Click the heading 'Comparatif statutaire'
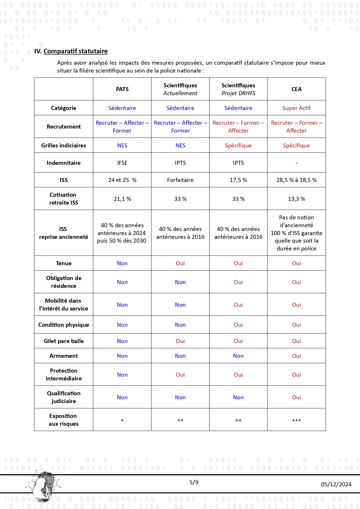(x=75, y=51)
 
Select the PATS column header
(x=122, y=89)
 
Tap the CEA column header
(x=296, y=89)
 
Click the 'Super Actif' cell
(x=296, y=108)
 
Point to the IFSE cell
(x=122, y=163)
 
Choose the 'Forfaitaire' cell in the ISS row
(x=180, y=180)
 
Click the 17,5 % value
(x=238, y=180)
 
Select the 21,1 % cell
(x=122, y=199)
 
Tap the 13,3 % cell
(x=296, y=199)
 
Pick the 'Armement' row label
(x=64, y=356)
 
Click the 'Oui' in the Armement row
(x=296, y=356)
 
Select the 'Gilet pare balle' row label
(x=64, y=341)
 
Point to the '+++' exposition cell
(x=296, y=420)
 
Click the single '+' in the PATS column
(x=122, y=420)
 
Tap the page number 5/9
(x=194, y=482)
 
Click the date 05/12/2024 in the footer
(x=336, y=484)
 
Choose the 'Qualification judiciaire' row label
(x=64, y=397)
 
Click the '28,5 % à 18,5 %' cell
(x=296, y=180)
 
